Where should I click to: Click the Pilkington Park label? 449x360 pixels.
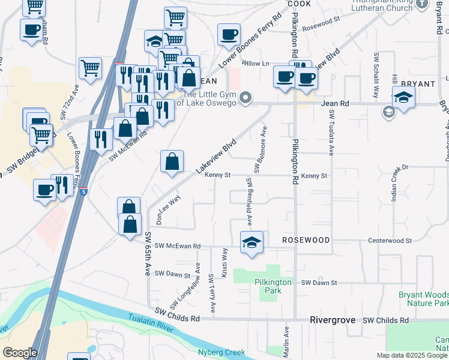click(273, 286)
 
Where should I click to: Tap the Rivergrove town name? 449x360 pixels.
click(333, 320)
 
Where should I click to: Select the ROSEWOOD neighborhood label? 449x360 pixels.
click(306, 240)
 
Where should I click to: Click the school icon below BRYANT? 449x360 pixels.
click(404, 97)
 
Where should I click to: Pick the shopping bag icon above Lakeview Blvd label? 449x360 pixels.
click(172, 161)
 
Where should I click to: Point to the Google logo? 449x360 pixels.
click(20, 353)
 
